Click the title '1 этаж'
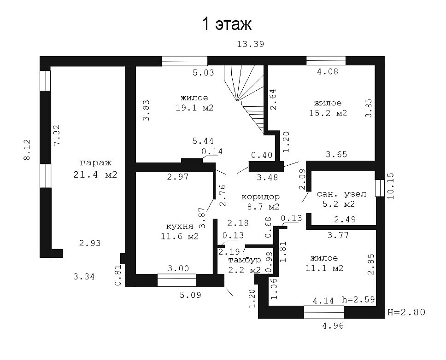227,24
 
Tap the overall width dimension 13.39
251,44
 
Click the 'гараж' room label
95,163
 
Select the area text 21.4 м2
95,174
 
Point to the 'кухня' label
180,226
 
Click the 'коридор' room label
260,197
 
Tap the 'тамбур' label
245,260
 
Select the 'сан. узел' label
341,194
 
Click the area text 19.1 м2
194,108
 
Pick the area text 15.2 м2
328,113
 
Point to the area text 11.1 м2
324,268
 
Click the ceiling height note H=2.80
406,312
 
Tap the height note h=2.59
358,300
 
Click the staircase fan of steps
245,98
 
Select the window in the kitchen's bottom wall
176,280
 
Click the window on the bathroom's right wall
380,188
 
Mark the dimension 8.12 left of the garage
27,150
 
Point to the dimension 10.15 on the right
391,186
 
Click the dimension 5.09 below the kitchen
190,295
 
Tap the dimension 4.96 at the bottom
333,325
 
